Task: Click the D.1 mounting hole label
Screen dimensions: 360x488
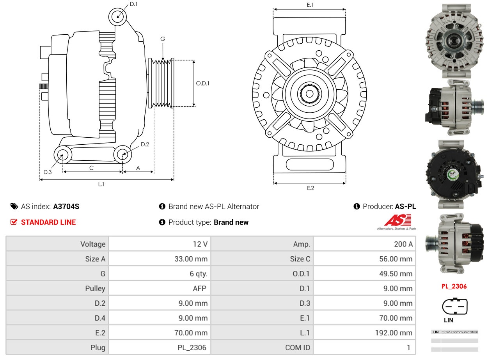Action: pos(133,4)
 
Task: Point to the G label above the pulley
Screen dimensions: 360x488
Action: pos(163,39)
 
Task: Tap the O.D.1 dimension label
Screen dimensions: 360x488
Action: pos(202,83)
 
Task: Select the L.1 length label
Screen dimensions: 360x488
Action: pos(101,184)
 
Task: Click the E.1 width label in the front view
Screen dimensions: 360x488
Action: pos(310,5)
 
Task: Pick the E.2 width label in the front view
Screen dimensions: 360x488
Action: pos(310,188)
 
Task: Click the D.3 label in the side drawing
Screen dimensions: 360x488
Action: pos(48,172)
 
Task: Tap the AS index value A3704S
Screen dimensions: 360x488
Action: pos(66,207)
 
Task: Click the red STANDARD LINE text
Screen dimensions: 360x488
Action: pos(48,222)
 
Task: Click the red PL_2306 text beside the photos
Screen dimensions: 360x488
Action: pos(454,286)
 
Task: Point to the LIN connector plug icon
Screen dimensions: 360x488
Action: pos(454,307)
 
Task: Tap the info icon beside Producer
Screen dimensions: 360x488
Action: pos(357,207)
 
